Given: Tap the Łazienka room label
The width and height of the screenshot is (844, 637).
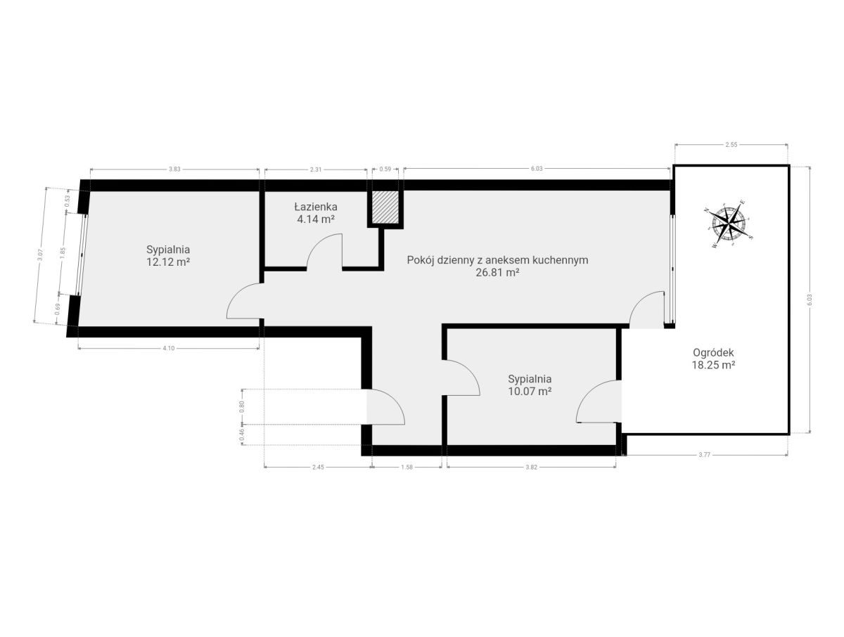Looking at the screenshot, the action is pyautogui.click(x=316, y=207).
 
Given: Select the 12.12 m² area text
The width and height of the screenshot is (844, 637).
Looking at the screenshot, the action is pyautogui.click(x=168, y=262).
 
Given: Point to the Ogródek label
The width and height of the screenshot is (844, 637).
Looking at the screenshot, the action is pyautogui.click(x=713, y=353).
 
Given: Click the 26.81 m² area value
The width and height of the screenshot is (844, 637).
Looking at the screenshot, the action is pyautogui.click(x=497, y=273).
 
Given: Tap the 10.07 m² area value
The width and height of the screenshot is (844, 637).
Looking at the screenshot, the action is pyautogui.click(x=530, y=392).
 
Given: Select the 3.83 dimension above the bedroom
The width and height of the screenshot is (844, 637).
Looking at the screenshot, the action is pyautogui.click(x=174, y=169).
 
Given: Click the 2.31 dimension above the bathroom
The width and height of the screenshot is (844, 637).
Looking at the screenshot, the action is pyautogui.click(x=316, y=169).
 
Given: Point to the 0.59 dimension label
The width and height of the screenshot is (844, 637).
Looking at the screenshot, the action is pyautogui.click(x=385, y=169).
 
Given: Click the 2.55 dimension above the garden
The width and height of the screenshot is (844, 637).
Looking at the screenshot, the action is pyautogui.click(x=731, y=145).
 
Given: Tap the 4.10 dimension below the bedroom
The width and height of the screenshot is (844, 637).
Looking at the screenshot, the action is pyautogui.click(x=168, y=348).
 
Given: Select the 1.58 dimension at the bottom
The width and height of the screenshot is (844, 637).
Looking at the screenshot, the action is pyautogui.click(x=407, y=467).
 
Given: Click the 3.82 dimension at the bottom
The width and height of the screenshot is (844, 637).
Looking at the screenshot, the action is pyautogui.click(x=532, y=467).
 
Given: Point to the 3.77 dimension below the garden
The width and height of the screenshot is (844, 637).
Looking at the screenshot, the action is pyautogui.click(x=705, y=454).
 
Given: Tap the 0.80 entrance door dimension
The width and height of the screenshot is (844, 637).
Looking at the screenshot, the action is pyautogui.click(x=242, y=406).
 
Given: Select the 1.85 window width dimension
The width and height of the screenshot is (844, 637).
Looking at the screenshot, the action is pyautogui.click(x=63, y=253).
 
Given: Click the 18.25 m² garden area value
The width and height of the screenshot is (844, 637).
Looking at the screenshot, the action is pyautogui.click(x=714, y=365).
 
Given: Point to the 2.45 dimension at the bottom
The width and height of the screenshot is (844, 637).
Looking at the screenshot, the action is pyautogui.click(x=318, y=467).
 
